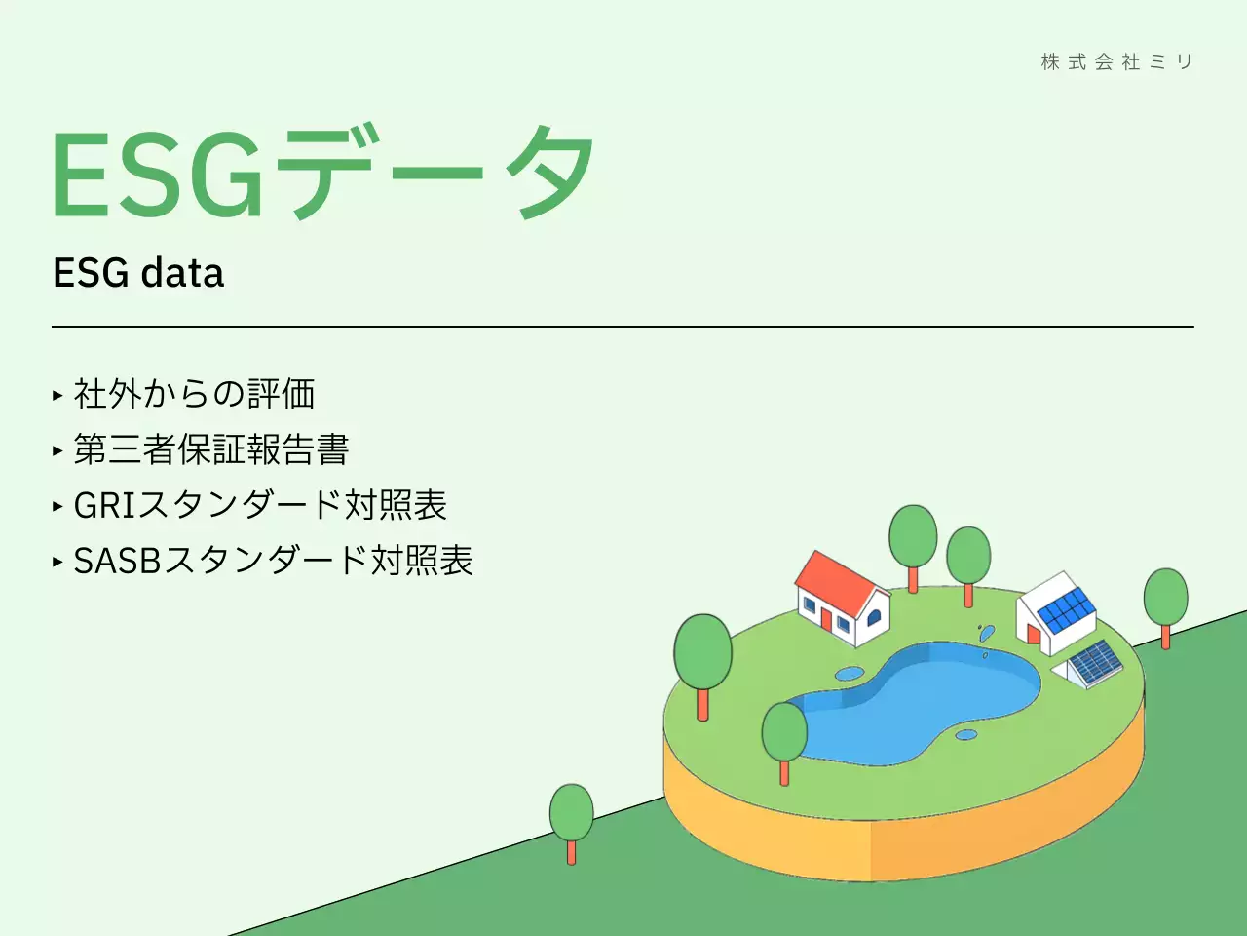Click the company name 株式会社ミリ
click(1116, 62)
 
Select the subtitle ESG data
click(138, 273)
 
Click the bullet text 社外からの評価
click(195, 394)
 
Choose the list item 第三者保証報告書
click(211, 449)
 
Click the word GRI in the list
click(104, 505)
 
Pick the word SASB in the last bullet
click(117, 561)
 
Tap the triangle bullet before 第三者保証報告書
click(57, 450)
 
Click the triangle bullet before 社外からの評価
click(57, 395)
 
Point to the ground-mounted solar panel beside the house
click(1095, 663)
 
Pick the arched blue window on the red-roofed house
click(874, 616)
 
